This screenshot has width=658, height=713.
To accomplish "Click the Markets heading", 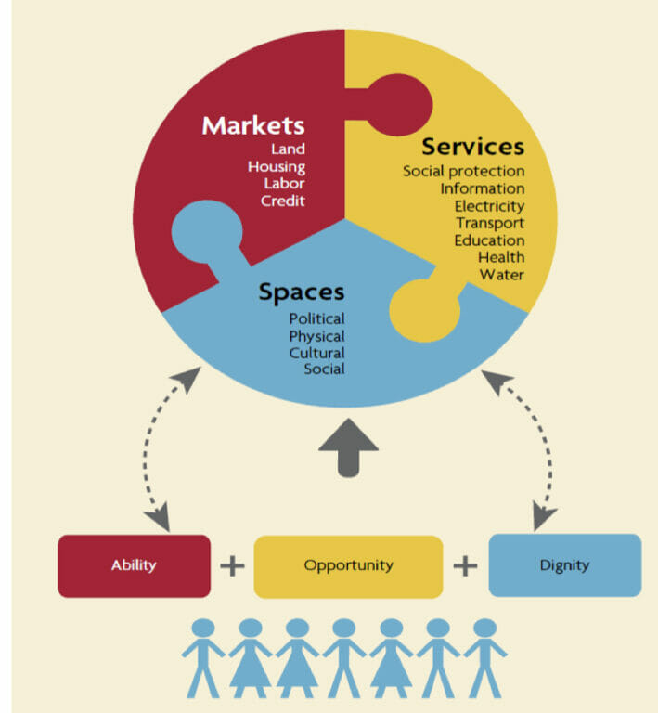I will pos(252,124).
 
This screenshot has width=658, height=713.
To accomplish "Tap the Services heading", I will pos(472,147).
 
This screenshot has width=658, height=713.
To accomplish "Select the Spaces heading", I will pos(301,292).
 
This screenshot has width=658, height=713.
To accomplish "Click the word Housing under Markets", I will pos(276,166).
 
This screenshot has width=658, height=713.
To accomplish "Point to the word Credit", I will pos(282,201).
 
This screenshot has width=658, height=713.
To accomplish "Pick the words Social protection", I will pos(463,172).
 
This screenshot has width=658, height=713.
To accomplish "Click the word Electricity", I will pos(489,206).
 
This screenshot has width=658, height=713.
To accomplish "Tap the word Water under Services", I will pos(501,275).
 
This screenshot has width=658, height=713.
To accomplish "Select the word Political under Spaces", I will pos(316,319).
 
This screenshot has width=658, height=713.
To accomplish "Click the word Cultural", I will pos(316,353).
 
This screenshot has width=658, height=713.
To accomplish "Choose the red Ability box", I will pos(134,565).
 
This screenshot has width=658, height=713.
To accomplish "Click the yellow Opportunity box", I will pos(348,565).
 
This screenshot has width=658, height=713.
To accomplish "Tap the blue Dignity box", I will pos(564,565).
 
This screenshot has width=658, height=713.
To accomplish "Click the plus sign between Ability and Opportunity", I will pos(232,565).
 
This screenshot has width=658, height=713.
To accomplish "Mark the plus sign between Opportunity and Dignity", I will pos(466,565).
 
